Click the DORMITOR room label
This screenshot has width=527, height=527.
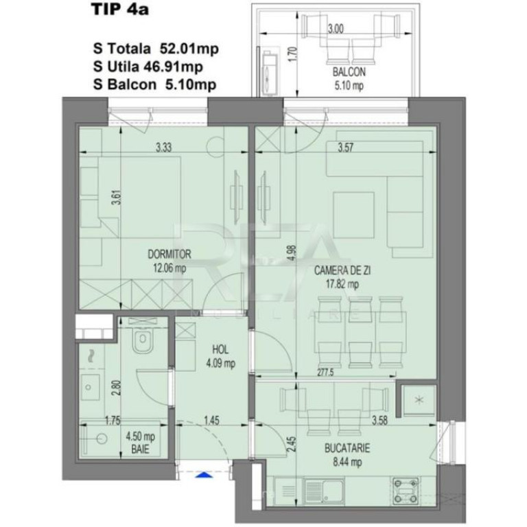[x=169, y=255]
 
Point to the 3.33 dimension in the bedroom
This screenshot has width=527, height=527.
[x=163, y=146]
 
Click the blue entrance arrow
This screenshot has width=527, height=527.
[x=203, y=473]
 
